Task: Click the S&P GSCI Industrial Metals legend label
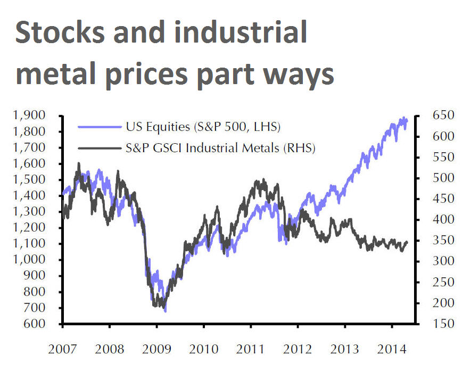pos(221,149)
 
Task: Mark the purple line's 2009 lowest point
pos(165,311)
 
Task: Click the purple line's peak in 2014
pos(404,118)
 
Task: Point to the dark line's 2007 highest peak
pos(79,163)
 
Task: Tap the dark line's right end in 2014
pos(408,242)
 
